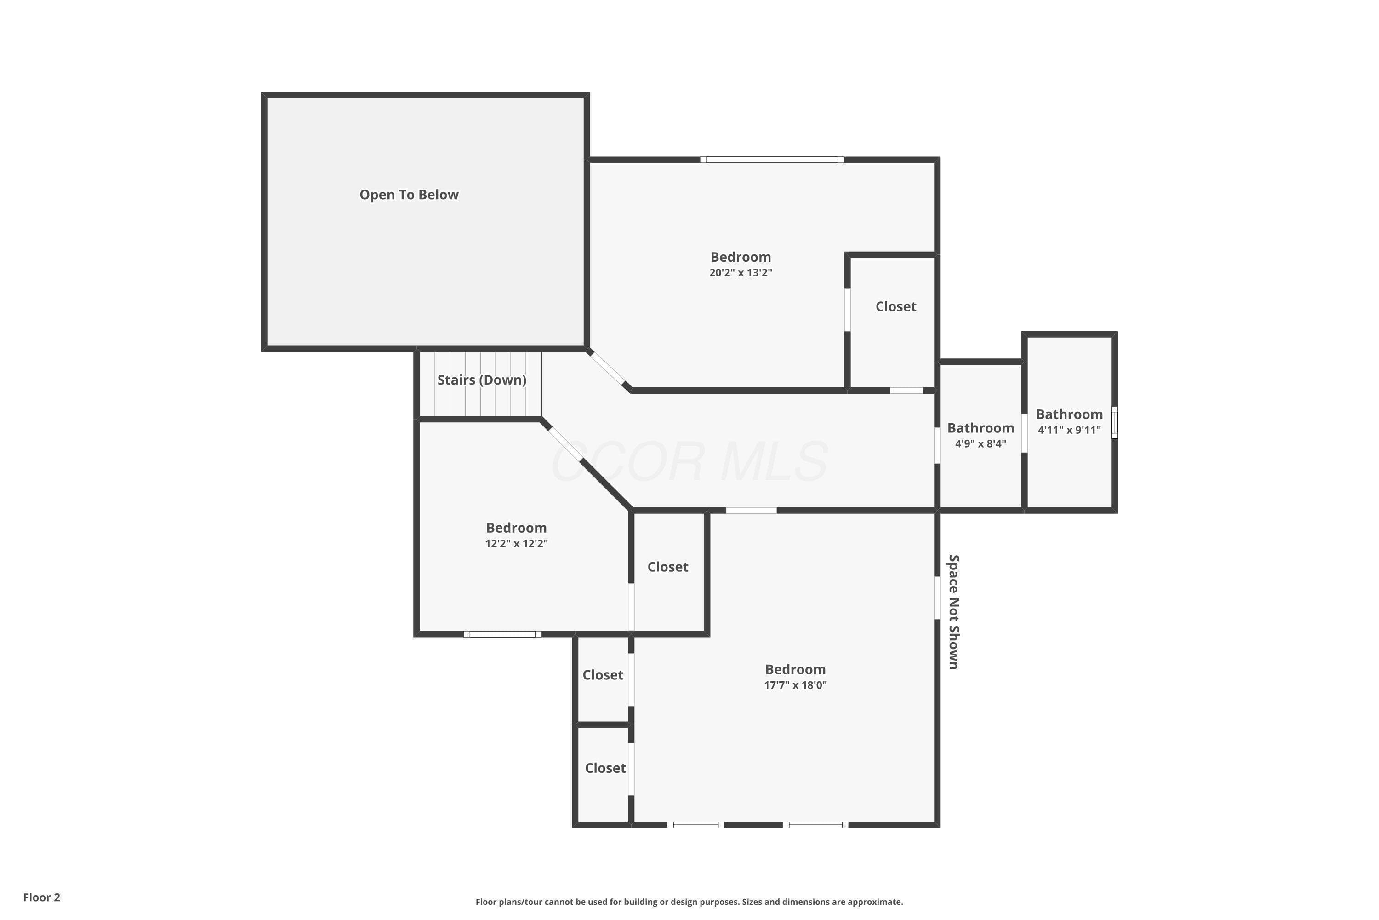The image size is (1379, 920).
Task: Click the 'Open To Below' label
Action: (409, 195)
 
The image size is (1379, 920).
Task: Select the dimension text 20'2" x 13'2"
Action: (741, 272)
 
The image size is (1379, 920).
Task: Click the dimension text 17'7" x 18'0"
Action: (795, 685)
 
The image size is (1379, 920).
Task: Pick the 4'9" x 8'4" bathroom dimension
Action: (980, 443)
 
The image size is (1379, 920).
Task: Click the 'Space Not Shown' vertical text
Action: (954, 611)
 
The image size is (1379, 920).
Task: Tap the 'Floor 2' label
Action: (42, 897)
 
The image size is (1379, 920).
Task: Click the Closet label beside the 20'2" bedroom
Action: (895, 306)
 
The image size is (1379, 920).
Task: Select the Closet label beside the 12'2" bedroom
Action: (667, 567)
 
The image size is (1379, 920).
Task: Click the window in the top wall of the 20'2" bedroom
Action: (772, 160)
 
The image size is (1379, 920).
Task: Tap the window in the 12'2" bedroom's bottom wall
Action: (502, 634)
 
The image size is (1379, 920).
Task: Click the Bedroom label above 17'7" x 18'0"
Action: (795, 669)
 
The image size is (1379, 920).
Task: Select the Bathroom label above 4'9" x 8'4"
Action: (980, 428)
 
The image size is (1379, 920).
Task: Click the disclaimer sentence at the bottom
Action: (689, 902)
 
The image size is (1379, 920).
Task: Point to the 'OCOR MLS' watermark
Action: (689, 462)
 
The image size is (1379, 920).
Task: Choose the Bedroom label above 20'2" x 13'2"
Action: (741, 257)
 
